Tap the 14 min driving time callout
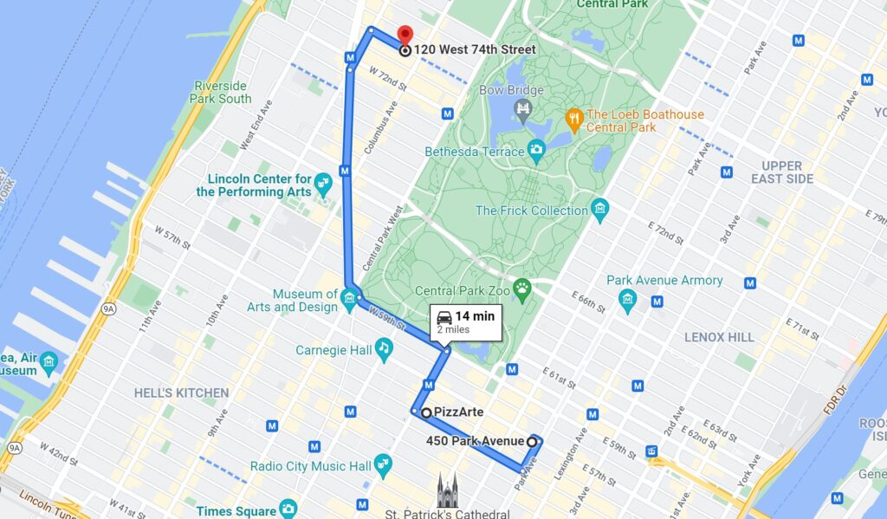(465, 321)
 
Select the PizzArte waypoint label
(458, 412)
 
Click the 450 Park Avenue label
(475, 441)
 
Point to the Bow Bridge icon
(522, 108)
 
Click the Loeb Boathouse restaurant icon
(573, 116)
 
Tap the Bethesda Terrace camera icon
(536, 151)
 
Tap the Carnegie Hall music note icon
(383, 347)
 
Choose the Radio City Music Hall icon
(383, 465)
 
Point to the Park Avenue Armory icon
(628, 300)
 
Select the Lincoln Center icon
(323, 183)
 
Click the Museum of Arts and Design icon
(348, 300)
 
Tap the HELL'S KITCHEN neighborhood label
(181, 392)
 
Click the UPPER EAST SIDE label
(781, 172)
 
